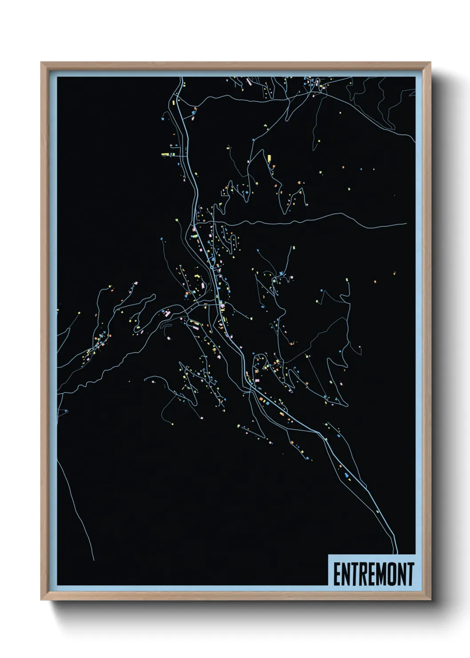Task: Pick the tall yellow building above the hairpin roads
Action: coord(269,157)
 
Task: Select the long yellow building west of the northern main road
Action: coord(165,154)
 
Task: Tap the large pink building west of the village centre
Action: coord(167,314)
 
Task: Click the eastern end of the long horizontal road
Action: coord(406,224)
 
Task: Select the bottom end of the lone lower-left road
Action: coord(94,560)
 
